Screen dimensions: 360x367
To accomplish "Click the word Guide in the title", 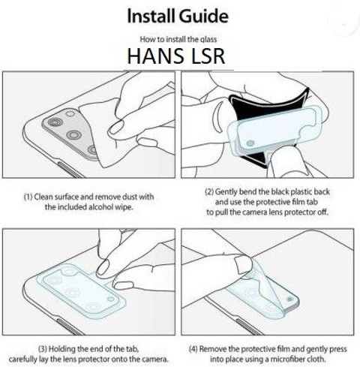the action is [203, 17].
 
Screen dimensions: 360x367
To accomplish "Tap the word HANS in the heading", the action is [155, 56].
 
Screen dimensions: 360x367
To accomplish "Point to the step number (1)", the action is [28, 197].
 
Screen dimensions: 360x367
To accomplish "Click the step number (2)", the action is [209, 192].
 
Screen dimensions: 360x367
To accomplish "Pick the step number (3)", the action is [43, 348].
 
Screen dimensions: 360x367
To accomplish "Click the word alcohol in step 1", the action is [98, 207].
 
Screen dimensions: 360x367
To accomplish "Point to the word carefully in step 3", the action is [22, 359].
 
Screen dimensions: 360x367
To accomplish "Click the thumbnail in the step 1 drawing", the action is [115, 128].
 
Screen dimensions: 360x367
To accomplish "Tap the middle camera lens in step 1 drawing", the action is [73, 135].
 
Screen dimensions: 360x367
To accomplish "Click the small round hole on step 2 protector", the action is [250, 143].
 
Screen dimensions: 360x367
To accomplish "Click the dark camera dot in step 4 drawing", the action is [289, 299].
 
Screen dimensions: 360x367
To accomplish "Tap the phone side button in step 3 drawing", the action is [70, 326].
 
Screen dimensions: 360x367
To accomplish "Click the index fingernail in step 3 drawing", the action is [103, 266].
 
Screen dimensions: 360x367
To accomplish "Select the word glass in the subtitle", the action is [208, 40].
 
